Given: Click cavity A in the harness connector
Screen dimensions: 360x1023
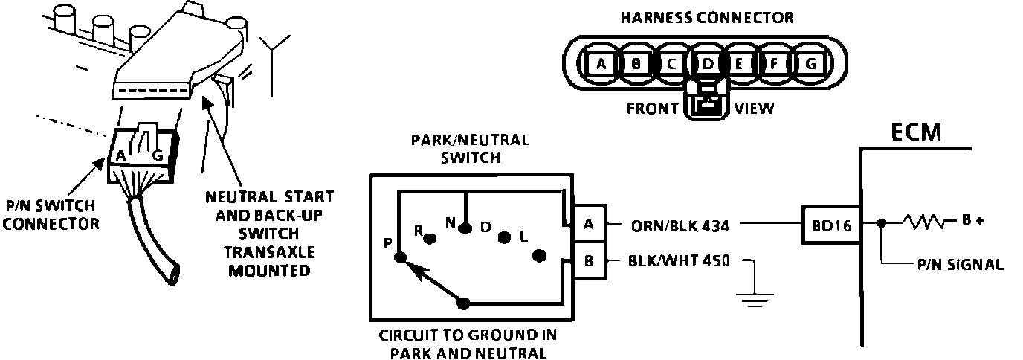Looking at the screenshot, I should point(601,64).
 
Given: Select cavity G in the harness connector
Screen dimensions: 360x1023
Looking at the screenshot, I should point(810,64).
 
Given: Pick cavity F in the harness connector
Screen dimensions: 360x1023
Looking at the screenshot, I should point(774,64).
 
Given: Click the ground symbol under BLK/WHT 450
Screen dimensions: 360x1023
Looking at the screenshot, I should point(753,297).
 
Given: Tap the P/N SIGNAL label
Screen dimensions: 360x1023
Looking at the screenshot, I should point(960,264).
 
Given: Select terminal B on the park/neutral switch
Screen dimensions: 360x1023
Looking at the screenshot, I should point(588,261).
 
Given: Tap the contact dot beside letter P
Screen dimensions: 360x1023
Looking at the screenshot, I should point(400,257).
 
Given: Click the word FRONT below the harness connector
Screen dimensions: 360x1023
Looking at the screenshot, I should point(652,109).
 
